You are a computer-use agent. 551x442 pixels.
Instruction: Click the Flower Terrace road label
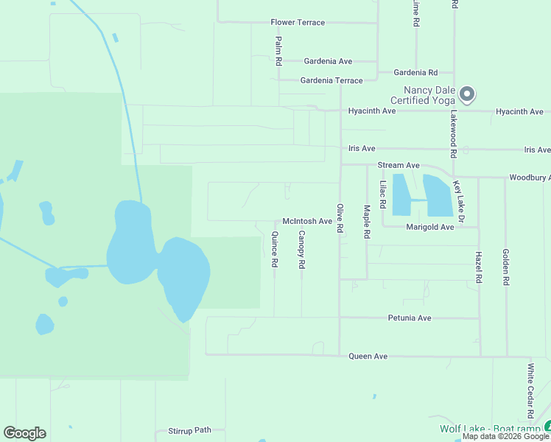[298, 23]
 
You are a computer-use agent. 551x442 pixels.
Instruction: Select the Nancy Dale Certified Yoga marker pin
[466, 94]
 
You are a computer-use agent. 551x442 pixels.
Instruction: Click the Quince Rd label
[275, 249]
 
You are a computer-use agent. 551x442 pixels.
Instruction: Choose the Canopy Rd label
[301, 249]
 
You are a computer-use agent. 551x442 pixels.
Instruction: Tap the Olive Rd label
[340, 219]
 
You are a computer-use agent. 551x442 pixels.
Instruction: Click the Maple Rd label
[367, 222]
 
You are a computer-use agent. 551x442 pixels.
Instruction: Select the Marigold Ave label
[430, 227]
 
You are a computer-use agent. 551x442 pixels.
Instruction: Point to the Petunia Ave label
[410, 318]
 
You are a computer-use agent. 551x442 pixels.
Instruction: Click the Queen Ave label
[368, 357]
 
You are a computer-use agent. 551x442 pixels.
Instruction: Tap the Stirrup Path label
[189, 430]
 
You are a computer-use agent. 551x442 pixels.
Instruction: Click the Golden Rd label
[506, 267]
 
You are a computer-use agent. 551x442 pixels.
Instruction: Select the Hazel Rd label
[479, 267]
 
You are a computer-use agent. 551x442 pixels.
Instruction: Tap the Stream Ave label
[398, 166]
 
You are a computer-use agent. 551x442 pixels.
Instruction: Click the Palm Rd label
[278, 52]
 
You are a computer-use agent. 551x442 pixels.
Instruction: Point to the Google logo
[24, 433]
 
